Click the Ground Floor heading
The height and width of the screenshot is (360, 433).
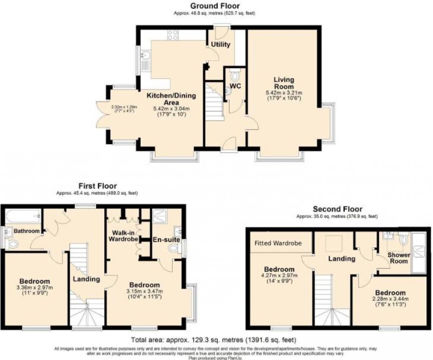[x=215, y=6]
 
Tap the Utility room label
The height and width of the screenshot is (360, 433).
[x=220, y=45]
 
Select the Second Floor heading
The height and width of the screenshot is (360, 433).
[x=337, y=209]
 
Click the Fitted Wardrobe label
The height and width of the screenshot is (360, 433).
[x=277, y=243]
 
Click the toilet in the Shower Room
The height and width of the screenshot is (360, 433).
[x=403, y=240]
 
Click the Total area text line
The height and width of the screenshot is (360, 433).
[x=213, y=340]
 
